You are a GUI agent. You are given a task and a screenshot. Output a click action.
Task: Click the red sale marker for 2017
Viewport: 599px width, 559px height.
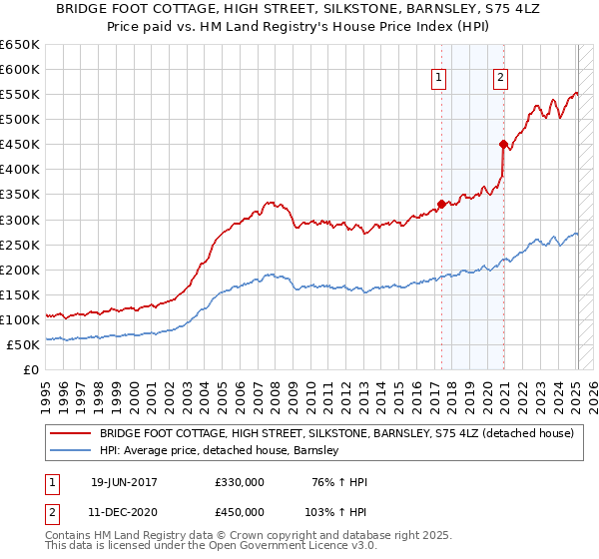[441, 204]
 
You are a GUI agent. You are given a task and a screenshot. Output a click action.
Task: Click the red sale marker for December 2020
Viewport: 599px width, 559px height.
[503, 144]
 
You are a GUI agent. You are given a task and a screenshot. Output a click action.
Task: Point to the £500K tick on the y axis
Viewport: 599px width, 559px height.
[19, 120]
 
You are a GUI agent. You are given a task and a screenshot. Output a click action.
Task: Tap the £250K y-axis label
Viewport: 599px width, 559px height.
[19, 245]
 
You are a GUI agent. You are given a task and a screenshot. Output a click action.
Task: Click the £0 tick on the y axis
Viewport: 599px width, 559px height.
[30, 369]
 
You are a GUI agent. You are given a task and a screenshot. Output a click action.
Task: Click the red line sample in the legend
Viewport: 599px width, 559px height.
[71, 434]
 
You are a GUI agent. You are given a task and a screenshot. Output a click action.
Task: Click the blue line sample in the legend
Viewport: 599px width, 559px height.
[71, 451]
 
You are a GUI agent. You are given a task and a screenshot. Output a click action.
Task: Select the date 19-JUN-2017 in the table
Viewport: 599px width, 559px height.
[124, 482]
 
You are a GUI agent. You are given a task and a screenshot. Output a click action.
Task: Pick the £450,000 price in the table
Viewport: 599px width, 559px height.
[239, 510]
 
